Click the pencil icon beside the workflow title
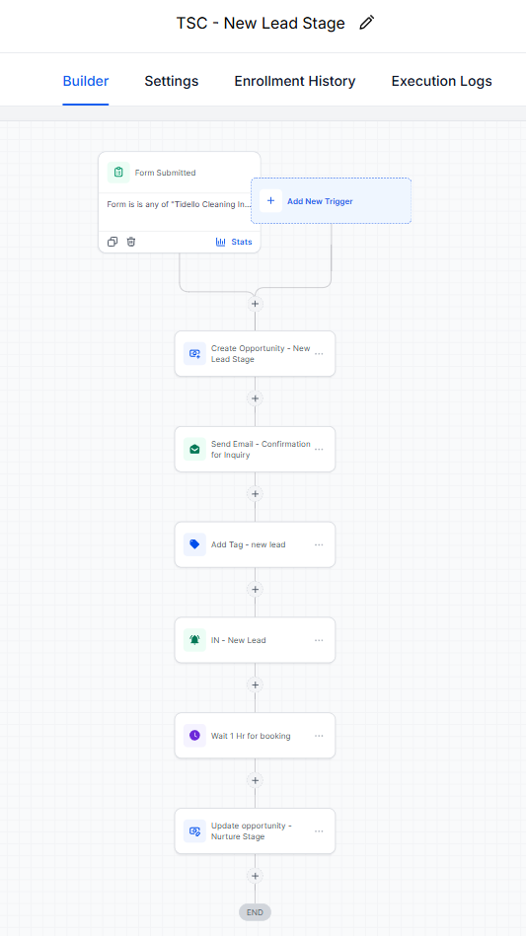(x=366, y=23)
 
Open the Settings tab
(x=172, y=81)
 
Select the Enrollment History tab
(x=295, y=81)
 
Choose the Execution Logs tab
(x=442, y=81)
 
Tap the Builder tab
(x=86, y=81)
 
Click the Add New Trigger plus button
(x=270, y=201)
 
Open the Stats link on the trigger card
(x=234, y=242)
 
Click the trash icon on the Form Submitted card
(x=131, y=242)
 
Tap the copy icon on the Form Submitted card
(x=113, y=242)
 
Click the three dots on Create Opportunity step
(x=319, y=354)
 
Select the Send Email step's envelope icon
(x=194, y=450)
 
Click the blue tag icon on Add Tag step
(x=194, y=544)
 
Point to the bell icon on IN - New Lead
(x=194, y=640)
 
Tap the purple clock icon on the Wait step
(x=194, y=736)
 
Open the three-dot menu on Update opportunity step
(x=319, y=831)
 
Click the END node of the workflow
(x=255, y=912)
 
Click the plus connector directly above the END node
(x=255, y=876)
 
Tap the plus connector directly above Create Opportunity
(x=255, y=304)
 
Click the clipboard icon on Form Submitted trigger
(x=118, y=173)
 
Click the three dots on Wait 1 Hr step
(x=319, y=736)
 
